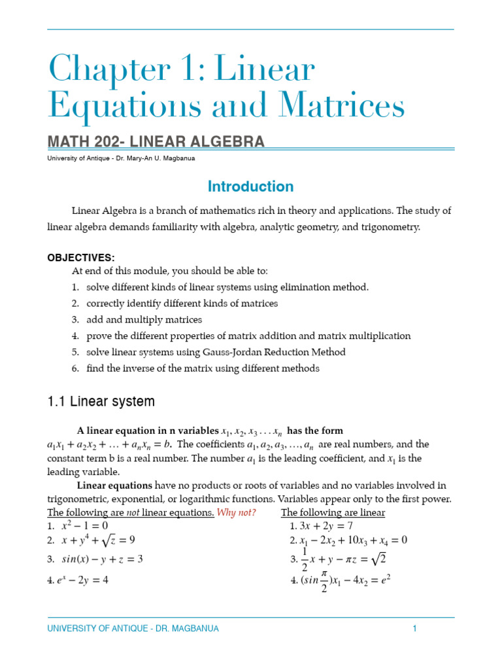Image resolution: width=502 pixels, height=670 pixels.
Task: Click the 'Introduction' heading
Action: (250, 186)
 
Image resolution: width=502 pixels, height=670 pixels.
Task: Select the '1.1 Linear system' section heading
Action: (101, 401)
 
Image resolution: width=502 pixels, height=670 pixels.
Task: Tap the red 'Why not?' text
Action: (236, 512)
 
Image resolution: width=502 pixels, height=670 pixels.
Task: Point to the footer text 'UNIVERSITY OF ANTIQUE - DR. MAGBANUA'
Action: (133, 629)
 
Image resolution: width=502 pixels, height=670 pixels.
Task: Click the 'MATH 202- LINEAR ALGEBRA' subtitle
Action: (156, 141)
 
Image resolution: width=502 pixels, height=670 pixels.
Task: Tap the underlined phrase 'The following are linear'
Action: (333, 512)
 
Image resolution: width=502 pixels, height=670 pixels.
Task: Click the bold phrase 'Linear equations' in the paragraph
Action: (114, 485)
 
